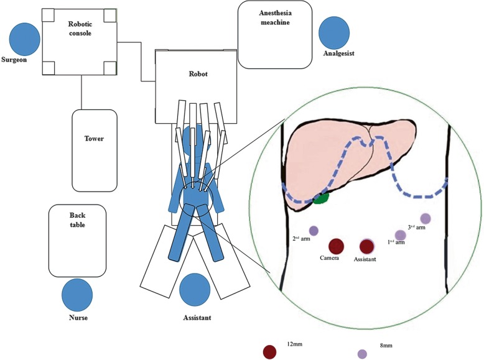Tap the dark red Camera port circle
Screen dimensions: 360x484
pyautogui.click(x=337, y=247)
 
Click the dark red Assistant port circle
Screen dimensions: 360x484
pyautogui.click(x=366, y=247)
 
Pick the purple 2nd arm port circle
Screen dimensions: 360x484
pyautogui.click(x=314, y=231)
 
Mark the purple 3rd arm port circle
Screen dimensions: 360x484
pyautogui.click(x=426, y=218)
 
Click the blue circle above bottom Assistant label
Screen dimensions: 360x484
pyautogui.click(x=194, y=290)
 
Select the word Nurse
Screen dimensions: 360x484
pyautogui.click(x=77, y=318)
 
